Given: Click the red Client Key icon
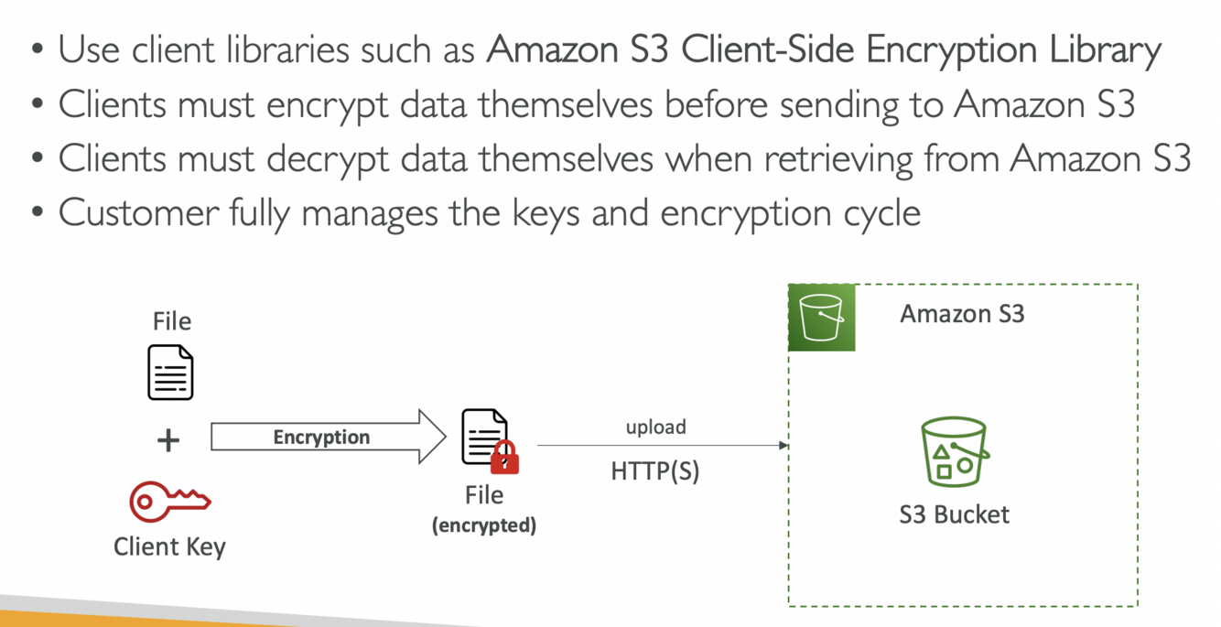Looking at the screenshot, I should click(x=170, y=502).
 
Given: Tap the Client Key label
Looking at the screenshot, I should click(x=169, y=546).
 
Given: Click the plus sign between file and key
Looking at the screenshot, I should click(x=168, y=440).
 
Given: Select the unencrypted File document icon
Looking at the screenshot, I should click(x=170, y=373).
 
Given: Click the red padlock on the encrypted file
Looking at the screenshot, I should click(x=504, y=457).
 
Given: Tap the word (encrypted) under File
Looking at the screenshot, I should click(x=484, y=525).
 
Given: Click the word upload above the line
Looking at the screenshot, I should click(x=655, y=427).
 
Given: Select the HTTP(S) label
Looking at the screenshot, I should click(x=655, y=471).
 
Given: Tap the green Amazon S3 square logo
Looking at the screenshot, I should click(x=821, y=318).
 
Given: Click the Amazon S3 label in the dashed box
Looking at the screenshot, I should click(x=962, y=314).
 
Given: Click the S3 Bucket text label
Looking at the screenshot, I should click(x=954, y=514).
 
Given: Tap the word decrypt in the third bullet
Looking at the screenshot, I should click(x=330, y=159).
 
